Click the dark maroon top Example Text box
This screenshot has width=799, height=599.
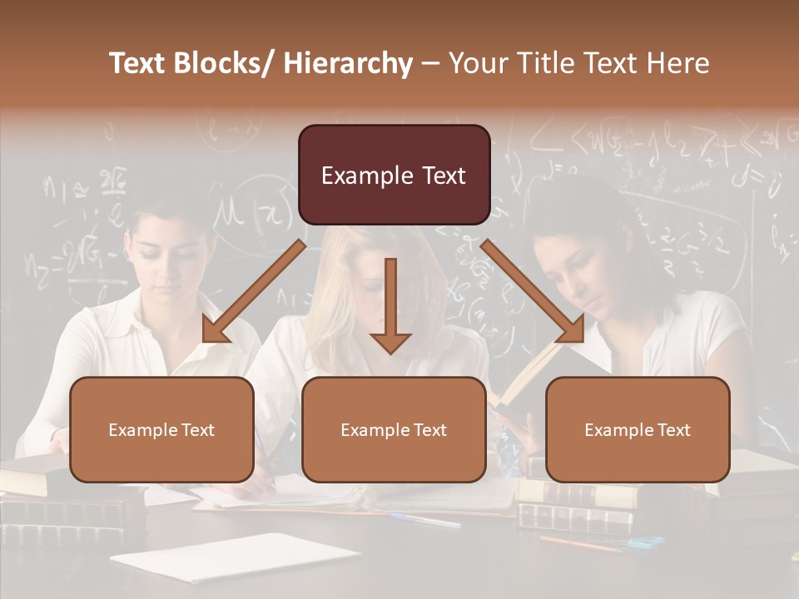click(x=394, y=175)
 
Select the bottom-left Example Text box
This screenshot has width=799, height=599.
click(x=161, y=429)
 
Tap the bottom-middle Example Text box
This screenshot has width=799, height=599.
click(x=394, y=429)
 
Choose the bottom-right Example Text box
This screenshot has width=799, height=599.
click(x=638, y=429)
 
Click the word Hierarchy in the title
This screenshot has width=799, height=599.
click(x=348, y=63)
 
